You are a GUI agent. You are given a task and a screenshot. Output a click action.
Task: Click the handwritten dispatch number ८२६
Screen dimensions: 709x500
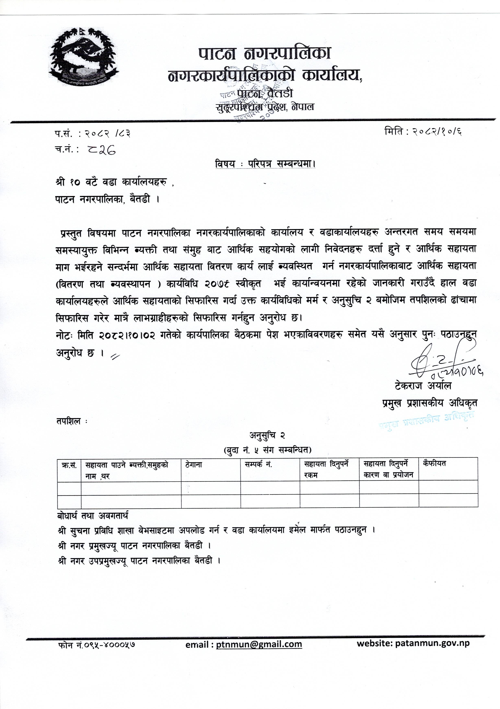(x=101, y=150)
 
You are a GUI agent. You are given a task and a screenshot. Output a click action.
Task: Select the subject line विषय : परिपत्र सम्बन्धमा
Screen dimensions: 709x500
(x=265, y=164)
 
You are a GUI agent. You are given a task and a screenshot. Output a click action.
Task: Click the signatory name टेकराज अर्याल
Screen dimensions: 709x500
(x=423, y=386)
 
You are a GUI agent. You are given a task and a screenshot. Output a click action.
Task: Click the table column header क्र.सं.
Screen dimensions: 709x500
(x=69, y=465)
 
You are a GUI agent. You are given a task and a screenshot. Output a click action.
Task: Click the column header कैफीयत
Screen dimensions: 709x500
(x=434, y=464)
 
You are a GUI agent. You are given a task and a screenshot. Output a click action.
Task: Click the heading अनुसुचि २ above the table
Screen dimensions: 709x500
(x=267, y=435)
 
